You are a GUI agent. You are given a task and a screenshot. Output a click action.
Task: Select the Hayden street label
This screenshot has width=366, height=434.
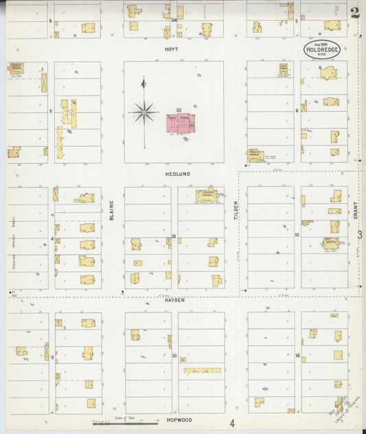coord(174,300)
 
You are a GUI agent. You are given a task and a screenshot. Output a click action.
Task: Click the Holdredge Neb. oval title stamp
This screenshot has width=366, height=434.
coord(323,49)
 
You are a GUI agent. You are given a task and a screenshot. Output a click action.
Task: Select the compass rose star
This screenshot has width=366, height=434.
coord(144,111)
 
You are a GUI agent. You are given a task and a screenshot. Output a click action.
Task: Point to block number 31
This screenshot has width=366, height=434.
coord(174,356)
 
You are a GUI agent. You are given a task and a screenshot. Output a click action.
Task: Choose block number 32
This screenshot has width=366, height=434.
coord(174,236)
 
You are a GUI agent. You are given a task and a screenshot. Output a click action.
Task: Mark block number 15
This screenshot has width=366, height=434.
coord(297,236)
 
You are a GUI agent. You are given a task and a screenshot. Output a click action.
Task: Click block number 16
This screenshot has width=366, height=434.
coord(297,356)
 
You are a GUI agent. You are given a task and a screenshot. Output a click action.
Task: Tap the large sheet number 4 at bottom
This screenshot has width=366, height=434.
coord(232,423)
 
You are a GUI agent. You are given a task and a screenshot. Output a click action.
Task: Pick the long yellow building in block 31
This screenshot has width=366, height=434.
coord(201,370)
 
